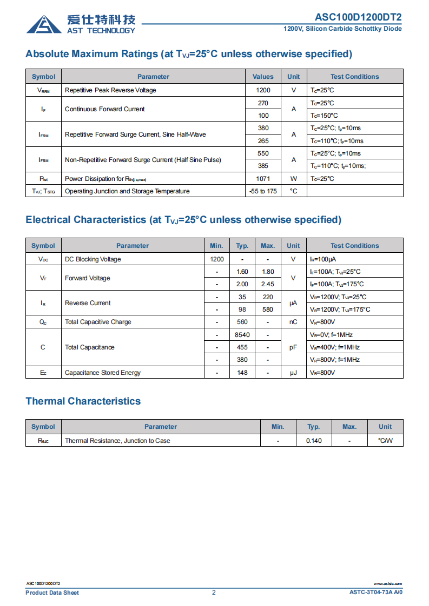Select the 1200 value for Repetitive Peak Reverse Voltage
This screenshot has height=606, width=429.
click(x=263, y=90)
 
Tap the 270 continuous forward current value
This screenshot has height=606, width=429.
click(x=263, y=103)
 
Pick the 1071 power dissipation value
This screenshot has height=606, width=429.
click(x=263, y=179)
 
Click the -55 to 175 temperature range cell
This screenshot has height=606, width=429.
click(x=263, y=191)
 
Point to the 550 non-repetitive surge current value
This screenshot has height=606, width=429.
click(x=263, y=153)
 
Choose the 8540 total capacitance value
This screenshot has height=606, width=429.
click(x=242, y=335)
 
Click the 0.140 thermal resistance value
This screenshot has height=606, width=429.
click(x=314, y=441)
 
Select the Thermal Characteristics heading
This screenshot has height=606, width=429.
click(x=83, y=401)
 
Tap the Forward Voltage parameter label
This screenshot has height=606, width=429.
click(x=87, y=278)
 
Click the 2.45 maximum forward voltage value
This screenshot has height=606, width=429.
click(x=268, y=284)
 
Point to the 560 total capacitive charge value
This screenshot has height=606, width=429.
click(x=242, y=322)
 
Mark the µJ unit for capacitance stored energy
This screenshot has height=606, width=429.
click(x=293, y=373)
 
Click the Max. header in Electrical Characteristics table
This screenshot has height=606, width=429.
click(x=268, y=246)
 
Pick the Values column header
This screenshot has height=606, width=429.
click(x=263, y=77)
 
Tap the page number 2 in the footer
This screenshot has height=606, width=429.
click(x=214, y=592)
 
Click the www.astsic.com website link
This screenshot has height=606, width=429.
click(x=388, y=584)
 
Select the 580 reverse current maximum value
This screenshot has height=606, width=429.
click(x=268, y=309)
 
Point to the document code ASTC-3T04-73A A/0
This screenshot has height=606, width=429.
click(x=376, y=592)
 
